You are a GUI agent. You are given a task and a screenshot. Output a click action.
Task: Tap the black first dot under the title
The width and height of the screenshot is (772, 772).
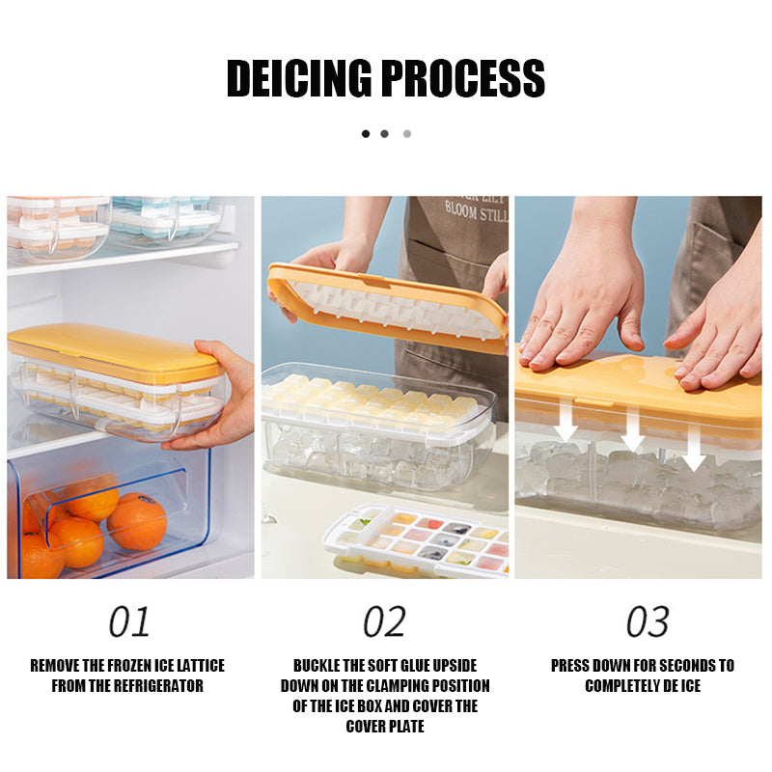(x=366, y=133)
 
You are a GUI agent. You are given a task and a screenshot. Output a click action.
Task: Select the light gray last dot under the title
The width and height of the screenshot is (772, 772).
(x=406, y=133)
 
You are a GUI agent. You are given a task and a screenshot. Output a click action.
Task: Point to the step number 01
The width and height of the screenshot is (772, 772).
(x=129, y=622)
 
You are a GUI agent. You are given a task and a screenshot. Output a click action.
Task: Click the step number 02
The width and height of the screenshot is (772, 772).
(x=384, y=622)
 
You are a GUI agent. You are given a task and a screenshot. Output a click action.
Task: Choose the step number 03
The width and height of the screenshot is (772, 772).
(x=648, y=622)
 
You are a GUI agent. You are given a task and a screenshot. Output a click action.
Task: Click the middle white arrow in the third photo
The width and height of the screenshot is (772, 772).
(x=632, y=429)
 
